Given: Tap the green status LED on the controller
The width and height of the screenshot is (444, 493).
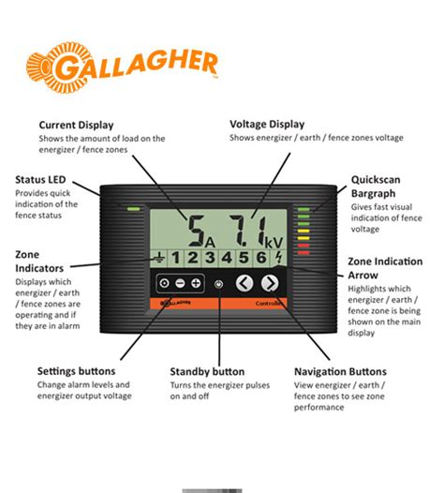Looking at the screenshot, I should [x=134, y=208].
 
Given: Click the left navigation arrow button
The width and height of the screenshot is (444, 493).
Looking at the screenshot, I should [x=244, y=283].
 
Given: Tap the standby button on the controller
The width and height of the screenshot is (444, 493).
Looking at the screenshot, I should [x=218, y=284].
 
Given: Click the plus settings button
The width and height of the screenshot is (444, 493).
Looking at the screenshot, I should [x=196, y=283].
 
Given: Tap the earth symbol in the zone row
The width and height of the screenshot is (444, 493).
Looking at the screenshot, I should [x=161, y=258].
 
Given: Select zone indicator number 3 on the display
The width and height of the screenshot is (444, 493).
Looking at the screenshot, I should [x=211, y=258].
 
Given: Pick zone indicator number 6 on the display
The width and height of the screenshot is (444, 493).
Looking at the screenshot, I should [x=260, y=258].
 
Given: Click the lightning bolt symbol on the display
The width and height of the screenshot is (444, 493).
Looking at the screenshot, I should [x=278, y=258].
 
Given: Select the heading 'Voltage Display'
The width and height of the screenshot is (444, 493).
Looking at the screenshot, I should [x=267, y=124].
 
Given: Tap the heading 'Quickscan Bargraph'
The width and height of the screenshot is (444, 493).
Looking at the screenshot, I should [x=377, y=186].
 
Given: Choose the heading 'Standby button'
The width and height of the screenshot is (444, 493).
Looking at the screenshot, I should [x=207, y=371].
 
